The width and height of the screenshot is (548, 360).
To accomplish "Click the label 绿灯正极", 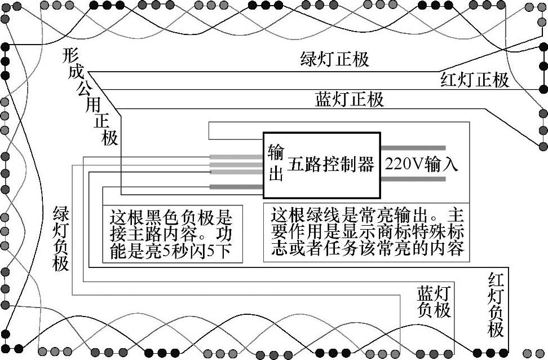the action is pos(335,59).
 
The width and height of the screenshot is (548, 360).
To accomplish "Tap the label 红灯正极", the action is pos(475,80).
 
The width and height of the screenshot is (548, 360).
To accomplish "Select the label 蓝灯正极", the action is pos(350,100).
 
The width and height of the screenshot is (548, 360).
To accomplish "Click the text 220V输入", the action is pos(422,164).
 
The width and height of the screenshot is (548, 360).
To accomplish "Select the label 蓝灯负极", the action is pos(434,302).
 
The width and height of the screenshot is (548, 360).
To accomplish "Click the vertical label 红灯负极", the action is pos(496,305).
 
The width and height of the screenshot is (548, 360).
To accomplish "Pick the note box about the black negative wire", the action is pos(172,234).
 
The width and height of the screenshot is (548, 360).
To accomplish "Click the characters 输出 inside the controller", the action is pos(276,163).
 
